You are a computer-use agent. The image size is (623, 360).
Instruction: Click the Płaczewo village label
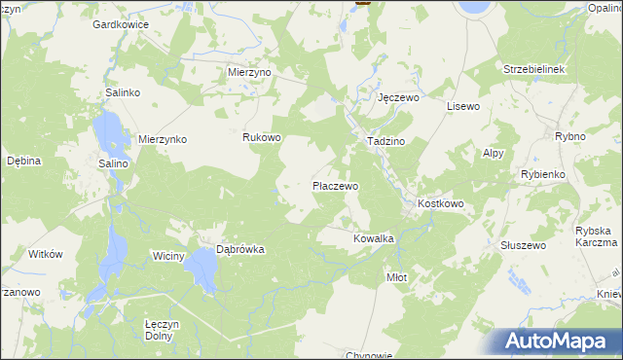(335, 185)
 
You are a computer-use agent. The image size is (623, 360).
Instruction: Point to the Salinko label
(124, 92)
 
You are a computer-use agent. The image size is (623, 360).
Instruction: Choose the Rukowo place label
(262, 138)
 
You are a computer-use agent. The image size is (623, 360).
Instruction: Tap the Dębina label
(23, 161)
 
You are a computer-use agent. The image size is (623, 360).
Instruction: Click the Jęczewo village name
(398, 98)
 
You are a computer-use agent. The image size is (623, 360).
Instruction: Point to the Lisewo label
(464, 105)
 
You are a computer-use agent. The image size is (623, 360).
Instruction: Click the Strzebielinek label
(534, 70)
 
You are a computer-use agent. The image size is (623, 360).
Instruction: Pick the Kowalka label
(373, 237)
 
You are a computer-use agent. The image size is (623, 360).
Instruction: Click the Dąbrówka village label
(240, 249)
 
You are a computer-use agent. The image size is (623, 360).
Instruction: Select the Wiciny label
(167, 256)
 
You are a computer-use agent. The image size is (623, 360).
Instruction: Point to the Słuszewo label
(522, 245)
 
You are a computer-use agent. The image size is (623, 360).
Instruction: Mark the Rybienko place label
(543, 173)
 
